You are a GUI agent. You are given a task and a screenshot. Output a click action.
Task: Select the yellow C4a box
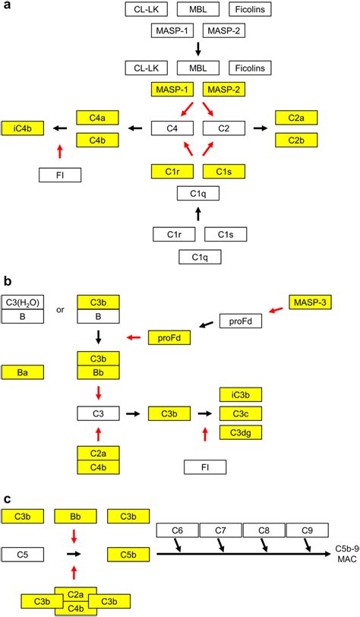[x=97, y=117]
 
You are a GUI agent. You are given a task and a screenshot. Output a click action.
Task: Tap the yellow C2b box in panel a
[x=295, y=141]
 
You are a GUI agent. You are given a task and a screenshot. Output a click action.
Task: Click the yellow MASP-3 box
[x=310, y=302]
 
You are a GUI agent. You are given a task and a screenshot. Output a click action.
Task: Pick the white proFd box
[x=240, y=321]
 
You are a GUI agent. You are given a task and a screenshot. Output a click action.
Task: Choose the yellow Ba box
[x=23, y=372]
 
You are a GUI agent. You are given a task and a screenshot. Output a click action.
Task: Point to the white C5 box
[x=23, y=553]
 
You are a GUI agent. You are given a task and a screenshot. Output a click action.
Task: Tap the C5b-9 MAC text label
[x=346, y=553]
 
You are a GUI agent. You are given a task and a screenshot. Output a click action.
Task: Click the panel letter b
[x=6, y=280]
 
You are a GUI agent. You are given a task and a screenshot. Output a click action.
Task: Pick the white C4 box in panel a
[x=172, y=129]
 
